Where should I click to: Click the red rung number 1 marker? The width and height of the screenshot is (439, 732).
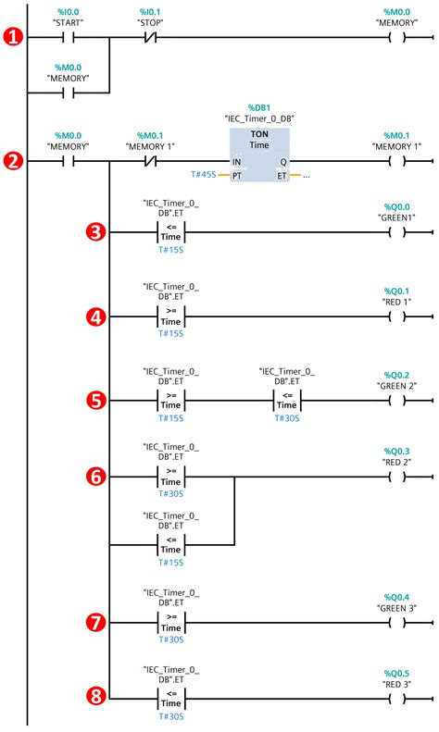[x=12, y=38]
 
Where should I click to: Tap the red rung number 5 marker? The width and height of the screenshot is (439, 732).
[x=95, y=401]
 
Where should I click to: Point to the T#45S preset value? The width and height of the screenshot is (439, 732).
[x=204, y=174]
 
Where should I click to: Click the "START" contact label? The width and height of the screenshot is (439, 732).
[x=68, y=22]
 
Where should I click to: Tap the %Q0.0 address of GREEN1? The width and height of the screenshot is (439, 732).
[x=396, y=206]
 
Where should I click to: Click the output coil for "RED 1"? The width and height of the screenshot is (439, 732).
[x=396, y=316]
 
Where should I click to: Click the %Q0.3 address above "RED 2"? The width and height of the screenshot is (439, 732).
[x=396, y=450]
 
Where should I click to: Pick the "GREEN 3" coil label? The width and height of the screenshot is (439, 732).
[x=396, y=608]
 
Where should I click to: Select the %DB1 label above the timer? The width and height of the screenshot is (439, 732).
[x=258, y=108]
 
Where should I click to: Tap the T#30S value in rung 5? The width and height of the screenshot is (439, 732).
[x=287, y=418]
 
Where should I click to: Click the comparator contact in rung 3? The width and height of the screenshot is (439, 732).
[x=170, y=231]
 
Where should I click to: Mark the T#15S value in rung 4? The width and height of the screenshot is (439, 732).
[x=170, y=333]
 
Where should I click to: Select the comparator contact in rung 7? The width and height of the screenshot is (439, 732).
[x=170, y=622]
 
